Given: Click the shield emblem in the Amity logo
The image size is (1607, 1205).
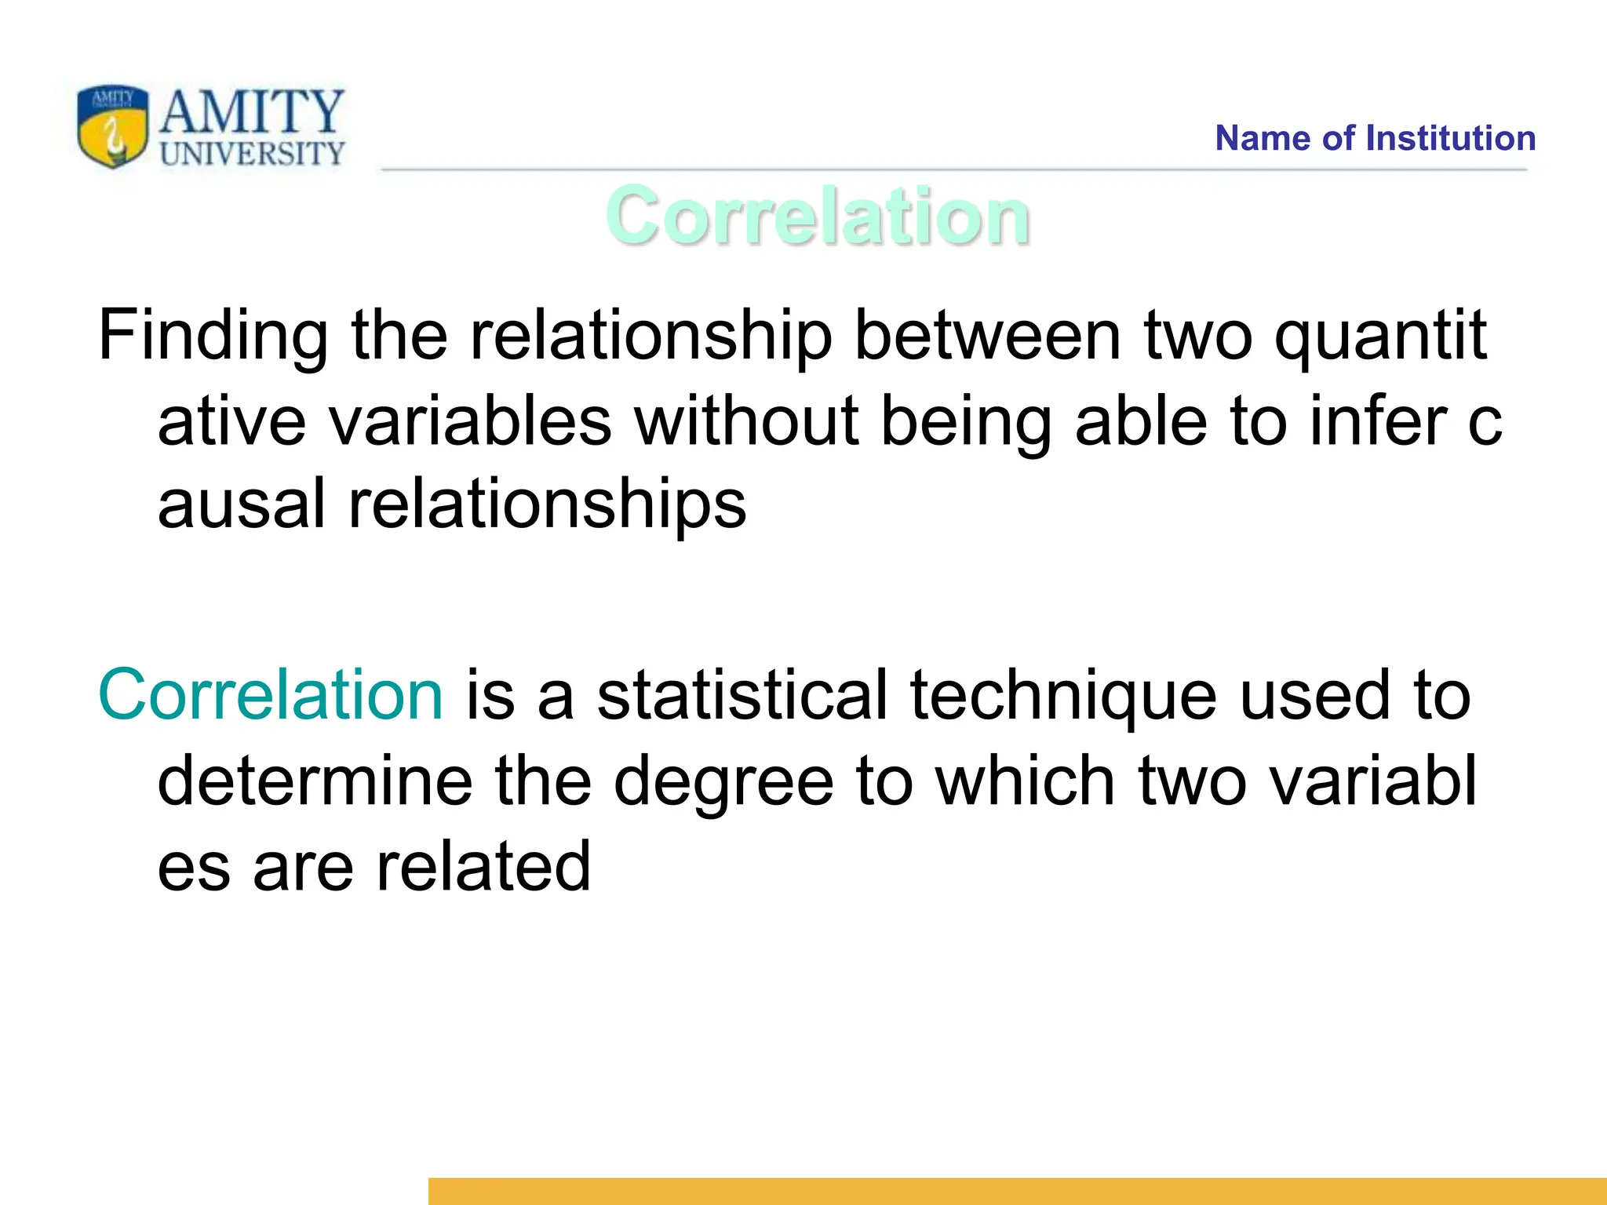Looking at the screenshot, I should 112,126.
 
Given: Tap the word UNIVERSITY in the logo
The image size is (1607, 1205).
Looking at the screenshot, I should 252,153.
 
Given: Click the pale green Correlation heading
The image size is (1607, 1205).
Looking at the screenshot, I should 817,216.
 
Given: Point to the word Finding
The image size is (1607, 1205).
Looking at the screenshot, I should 213,336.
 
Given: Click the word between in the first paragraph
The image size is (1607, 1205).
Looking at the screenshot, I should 987,336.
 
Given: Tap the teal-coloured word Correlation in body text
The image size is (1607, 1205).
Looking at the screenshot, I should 271,695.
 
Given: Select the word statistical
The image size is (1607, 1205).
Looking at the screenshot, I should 742,695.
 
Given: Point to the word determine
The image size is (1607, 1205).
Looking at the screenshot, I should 315,781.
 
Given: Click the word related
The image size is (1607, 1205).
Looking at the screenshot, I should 483,866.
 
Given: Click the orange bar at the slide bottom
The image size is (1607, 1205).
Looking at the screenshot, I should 1017,1191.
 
